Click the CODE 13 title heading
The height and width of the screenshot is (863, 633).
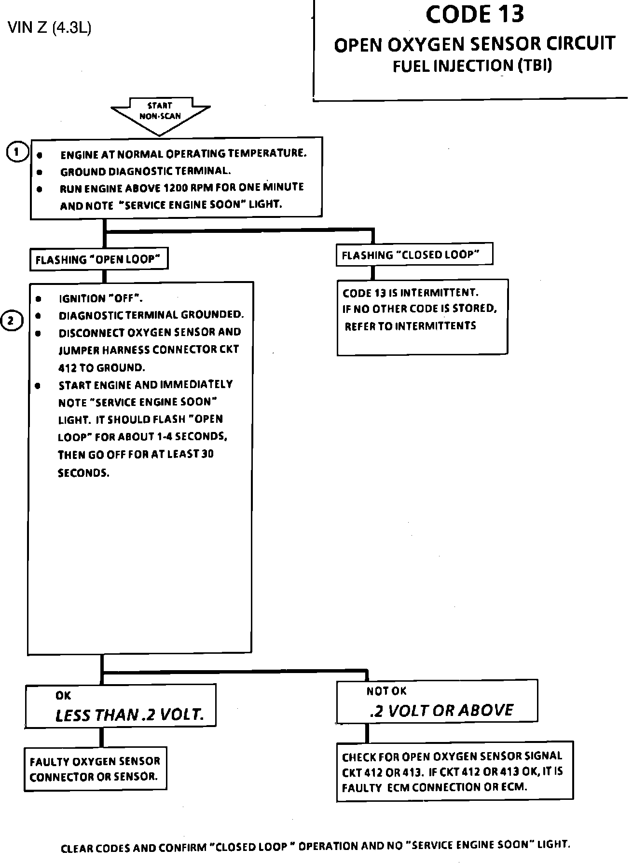pyautogui.click(x=474, y=14)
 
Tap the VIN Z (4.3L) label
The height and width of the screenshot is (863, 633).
pyautogui.click(x=50, y=28)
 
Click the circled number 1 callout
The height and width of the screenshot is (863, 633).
pyautogui.click(x=17, y=153)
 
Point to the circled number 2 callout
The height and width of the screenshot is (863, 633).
pyautogui.click(x=13, y=321)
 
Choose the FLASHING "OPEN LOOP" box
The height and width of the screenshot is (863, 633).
pyautogui.click(x=99, y=260)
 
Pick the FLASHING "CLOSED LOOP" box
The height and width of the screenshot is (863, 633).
pyautogui.click(x=413, y=255)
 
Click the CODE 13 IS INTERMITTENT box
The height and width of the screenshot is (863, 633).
pyautogui.click(x=422, y=317)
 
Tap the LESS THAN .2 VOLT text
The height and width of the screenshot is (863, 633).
pyautogui.click(x=129, y=715)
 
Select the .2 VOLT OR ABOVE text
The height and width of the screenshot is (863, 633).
pyautogui.click(x=441, y=710)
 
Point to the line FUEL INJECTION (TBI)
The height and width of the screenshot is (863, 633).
pyautogui.click(x=472, y=66)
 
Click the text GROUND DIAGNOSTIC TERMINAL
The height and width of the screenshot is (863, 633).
pyautogui.click(x=145, y=171)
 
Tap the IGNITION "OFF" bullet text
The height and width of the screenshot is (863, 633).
pyautogui.click(x=100, y=298)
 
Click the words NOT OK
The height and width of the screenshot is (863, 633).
pyautogui.click(x=386, y=691)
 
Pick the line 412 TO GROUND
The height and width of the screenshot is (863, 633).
pyautogui.click(x=101, y=368)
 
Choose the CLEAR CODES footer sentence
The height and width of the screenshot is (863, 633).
pyautogui.click(x=316, y=846)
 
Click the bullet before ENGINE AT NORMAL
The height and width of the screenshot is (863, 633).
pyautogui.click(x=40, y=156)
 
